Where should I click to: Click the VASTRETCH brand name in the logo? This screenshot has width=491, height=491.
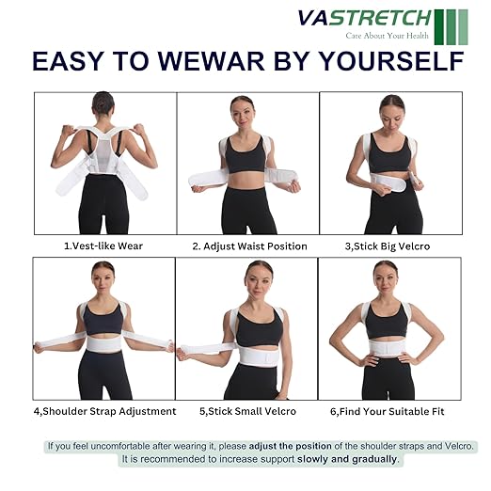tap(364, 19)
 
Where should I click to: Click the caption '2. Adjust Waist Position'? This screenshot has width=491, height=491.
tap(249, 246)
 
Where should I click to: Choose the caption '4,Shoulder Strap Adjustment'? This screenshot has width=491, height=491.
tap(104, 411)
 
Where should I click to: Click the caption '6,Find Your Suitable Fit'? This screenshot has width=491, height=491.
tap(389, 411)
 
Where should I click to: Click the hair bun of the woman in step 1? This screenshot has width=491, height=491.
tap(103, 99)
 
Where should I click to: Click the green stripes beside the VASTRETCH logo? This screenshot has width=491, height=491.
tap(451, 25)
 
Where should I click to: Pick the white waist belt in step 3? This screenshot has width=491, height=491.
tap(388, 180)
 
